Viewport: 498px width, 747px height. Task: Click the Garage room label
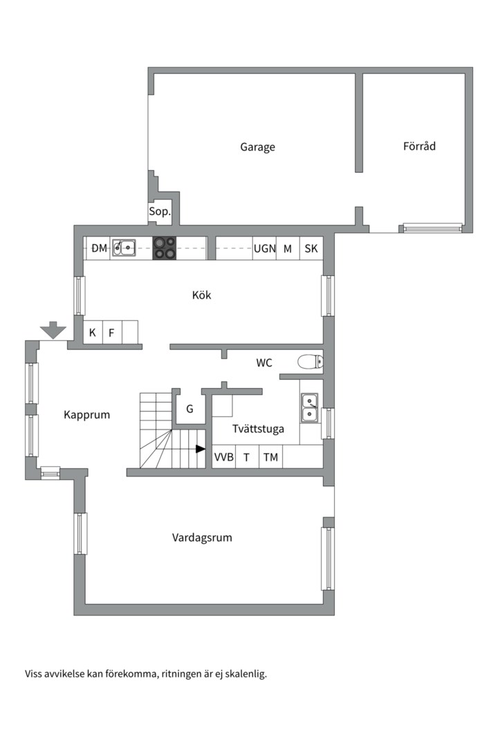pos(257,147)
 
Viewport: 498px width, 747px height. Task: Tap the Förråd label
pos(419,146)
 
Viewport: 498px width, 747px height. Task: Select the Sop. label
pos(159,212)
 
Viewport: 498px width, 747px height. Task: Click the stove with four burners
pos(164,248)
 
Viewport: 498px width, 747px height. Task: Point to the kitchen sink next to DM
pos(124,247)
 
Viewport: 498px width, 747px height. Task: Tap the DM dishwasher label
pos(99,248)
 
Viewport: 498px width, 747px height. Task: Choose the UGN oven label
pos(264,248)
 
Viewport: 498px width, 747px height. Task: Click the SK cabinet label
pos(311,248)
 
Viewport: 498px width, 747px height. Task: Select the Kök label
pos(201,295)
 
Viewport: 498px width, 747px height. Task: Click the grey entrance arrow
pos(53,331)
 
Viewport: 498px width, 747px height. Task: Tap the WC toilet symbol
pos(308,361)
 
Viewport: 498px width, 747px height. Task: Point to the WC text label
pos(264,362)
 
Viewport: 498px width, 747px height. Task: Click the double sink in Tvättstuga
pos(309,407)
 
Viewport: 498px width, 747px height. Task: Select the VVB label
pos(223,457)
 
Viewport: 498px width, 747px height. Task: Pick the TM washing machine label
pos(270,457)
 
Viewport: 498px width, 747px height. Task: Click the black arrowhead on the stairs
pos(201,449)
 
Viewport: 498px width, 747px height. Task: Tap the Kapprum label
pos(86,415)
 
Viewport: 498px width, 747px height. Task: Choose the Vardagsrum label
pos(202,537)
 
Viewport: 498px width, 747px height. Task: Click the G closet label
pos(190,409)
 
